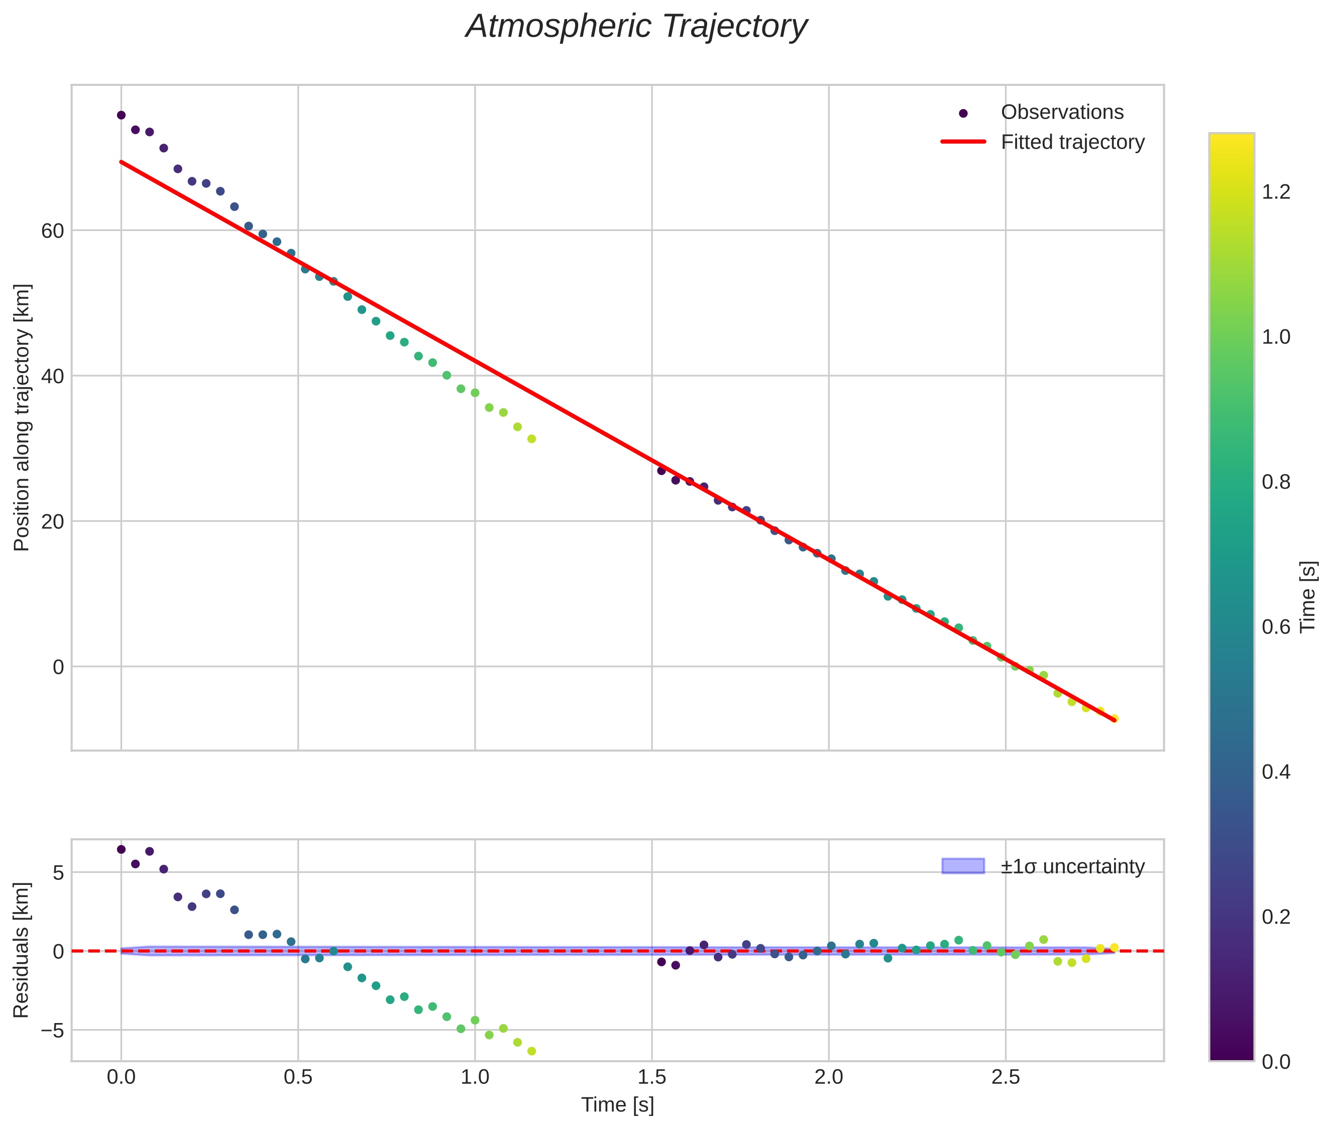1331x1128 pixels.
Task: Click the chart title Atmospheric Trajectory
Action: [x=636, y=27]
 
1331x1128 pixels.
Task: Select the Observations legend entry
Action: [x=1061, y=112]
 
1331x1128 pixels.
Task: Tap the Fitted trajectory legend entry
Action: [x=1072, y=142]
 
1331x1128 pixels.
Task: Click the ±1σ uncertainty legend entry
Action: [x=1072, y=866]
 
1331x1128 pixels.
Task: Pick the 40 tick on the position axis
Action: [x=52, y=376]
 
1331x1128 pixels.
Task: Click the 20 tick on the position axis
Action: [x=52, y=522]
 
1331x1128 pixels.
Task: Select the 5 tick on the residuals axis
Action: [x=58, y=873]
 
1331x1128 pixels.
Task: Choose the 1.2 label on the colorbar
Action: [x=1276, y=192]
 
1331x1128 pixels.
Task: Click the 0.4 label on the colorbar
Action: [x=1276, y=772]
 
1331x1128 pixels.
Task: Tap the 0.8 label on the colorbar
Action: [x=1276, y=482]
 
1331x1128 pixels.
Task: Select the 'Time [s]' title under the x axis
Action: [x=617, y=1105]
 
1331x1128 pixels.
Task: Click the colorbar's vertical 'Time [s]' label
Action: [x=1308, y=596]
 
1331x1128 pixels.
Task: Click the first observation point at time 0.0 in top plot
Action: [x=121, y=115]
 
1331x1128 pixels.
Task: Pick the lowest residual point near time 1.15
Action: [x=531, y=1051]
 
